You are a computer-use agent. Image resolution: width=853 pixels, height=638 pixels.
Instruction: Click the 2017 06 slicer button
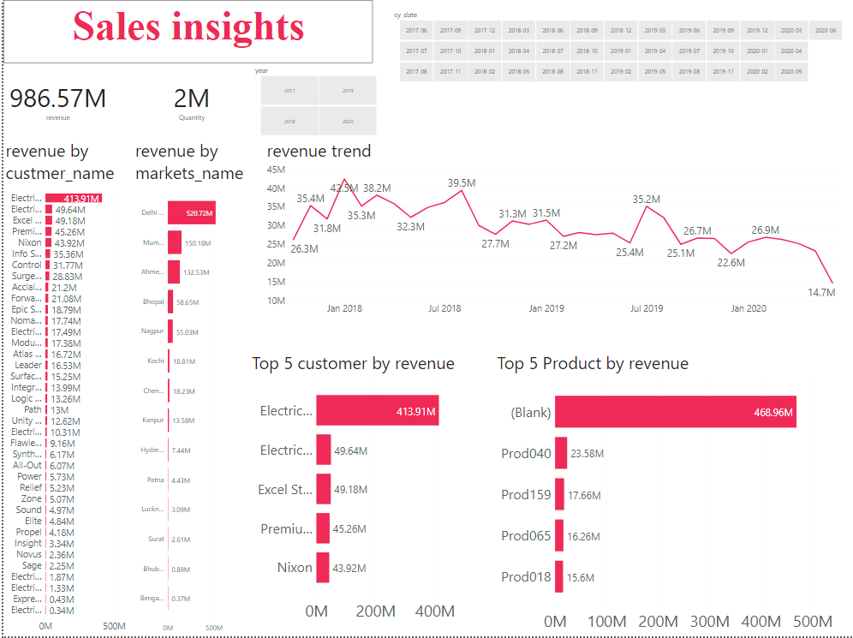(416, 31)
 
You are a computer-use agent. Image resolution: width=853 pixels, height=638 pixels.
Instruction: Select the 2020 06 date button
(826, 31)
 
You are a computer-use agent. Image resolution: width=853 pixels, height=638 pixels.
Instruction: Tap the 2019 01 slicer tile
(621, 51)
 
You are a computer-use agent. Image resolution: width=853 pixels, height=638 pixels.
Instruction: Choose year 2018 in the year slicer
(289, 122)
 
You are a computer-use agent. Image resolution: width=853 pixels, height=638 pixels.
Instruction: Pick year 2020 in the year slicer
(348, 122)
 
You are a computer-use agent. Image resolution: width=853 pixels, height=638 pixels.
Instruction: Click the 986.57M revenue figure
(58, 98)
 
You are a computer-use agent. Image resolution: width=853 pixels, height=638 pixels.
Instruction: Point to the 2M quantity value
(192, 98)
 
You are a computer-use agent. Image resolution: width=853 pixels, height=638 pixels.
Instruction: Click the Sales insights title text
(188, 27)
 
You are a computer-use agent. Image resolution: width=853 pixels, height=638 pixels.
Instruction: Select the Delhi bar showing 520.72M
(191, 212)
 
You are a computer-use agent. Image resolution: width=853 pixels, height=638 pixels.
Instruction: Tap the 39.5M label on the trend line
(462, 182)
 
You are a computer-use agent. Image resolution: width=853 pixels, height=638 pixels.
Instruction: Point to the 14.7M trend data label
(821, 293)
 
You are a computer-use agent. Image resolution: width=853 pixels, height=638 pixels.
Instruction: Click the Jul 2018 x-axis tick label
(444, 308)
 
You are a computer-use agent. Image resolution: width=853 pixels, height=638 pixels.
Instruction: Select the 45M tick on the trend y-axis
(276, 170)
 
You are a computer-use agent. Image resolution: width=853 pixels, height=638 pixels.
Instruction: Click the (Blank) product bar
(675, 412)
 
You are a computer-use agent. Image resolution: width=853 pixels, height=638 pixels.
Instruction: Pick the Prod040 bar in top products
(561, 453)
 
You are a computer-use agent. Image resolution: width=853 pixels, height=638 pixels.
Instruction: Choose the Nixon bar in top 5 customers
(323, 568)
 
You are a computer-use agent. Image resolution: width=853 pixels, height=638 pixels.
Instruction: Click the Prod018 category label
(526, 576)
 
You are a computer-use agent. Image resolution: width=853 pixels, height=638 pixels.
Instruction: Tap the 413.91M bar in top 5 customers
(377, 411)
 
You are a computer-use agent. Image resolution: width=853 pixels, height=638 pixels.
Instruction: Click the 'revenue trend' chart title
(319, 152)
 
